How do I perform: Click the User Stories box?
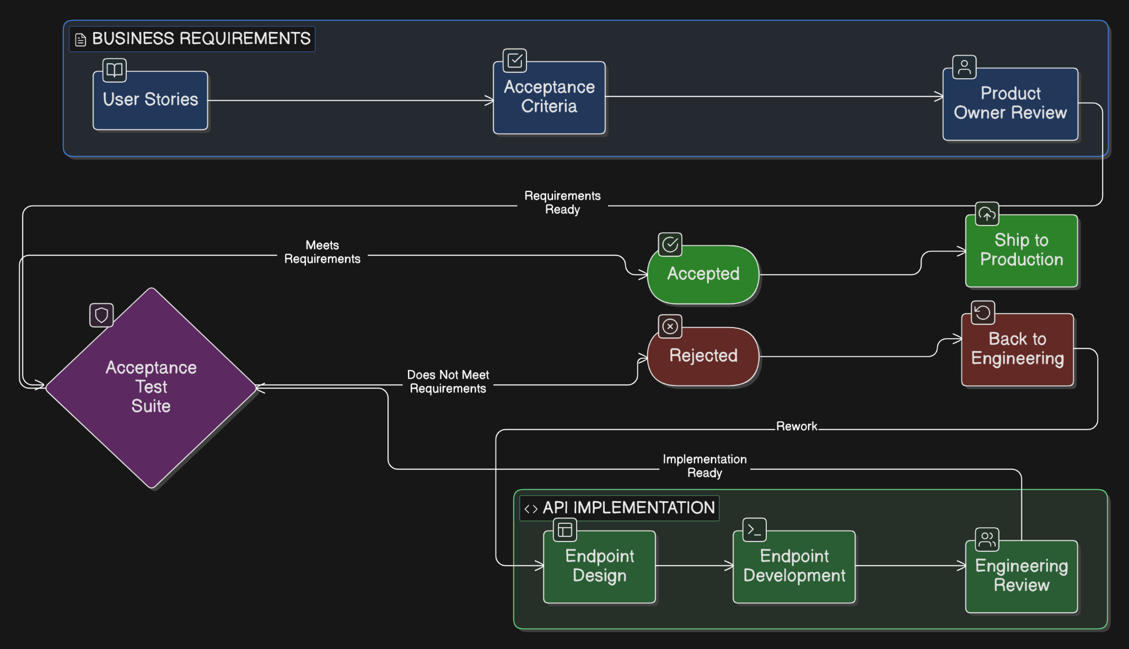(x=150, y=100)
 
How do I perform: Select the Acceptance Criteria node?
(x=549, y=98)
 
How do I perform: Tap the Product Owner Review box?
(x=1010, y=104)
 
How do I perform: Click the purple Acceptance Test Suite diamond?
(x=151, y=388)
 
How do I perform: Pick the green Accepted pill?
(x=703, y=274)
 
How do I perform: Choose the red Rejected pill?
(x=703, y=356)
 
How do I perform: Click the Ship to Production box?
(x=1022, y=251)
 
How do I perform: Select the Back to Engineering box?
(x=1018, y=349)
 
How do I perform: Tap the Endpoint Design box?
(x=600, y=566)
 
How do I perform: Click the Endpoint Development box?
(x=794, y=566)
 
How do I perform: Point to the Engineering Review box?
(x=1022, y=576)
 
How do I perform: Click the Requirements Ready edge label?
(x=562, y=202)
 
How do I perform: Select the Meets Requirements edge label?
(x=322, y=252)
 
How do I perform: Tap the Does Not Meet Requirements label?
(x=448, y=382)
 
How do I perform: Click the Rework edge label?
(x=797, y=426)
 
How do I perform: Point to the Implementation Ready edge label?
(x=705, y=466)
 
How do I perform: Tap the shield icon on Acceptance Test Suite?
(x=101, y=315)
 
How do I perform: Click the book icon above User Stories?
(x=115, y=70)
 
